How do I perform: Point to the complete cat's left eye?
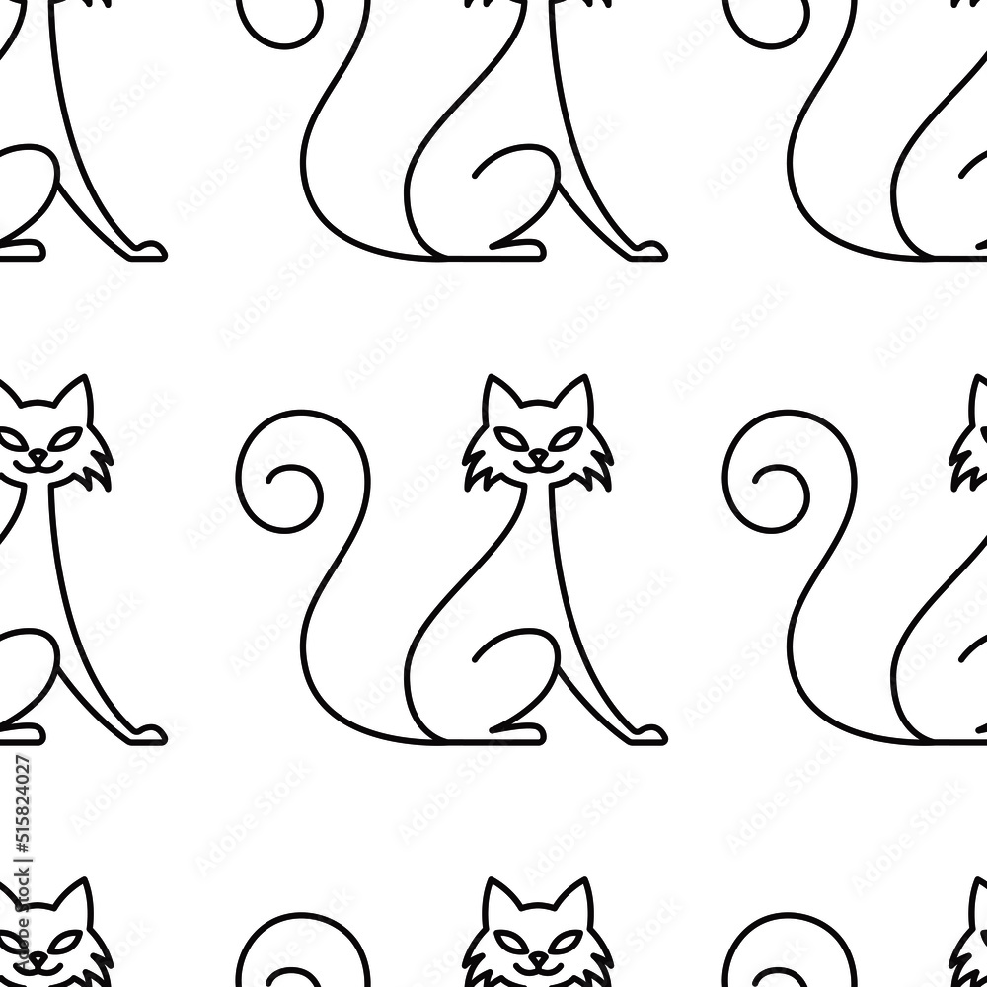[x=513, y=435]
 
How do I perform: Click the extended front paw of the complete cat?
[x=647, y=732]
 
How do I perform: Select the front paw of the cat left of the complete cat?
[x=148, y=732]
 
